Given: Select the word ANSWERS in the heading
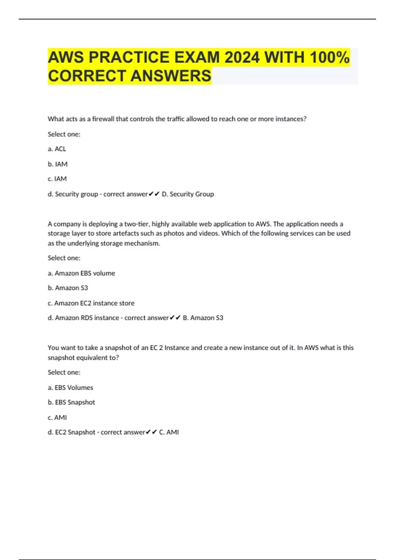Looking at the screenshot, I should (171, 76).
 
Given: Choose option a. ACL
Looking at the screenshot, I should (57, 149).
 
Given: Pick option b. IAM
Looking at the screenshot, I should (58, 164).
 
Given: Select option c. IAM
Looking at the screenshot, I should (57, 179).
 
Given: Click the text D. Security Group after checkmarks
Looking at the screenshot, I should (188, 194).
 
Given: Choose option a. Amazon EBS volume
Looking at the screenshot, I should (81, 273).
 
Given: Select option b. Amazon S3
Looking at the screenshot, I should (68, 288).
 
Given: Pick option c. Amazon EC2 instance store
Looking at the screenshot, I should (91, 303).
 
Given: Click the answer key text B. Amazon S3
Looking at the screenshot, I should (203, 318).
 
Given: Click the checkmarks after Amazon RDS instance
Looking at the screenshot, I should (175, 318).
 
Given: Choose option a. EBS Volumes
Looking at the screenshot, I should (70, 388).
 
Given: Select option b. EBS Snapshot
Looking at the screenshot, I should (71, 402).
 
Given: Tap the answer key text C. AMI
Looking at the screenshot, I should (169, 432).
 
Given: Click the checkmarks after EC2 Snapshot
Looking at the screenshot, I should (151, 432).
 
